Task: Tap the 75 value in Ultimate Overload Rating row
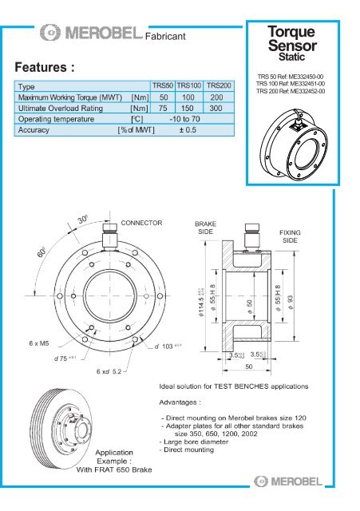click(162, 107)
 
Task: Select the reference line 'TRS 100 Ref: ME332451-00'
click(288, 82)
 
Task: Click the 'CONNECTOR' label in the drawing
click(141, 223)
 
